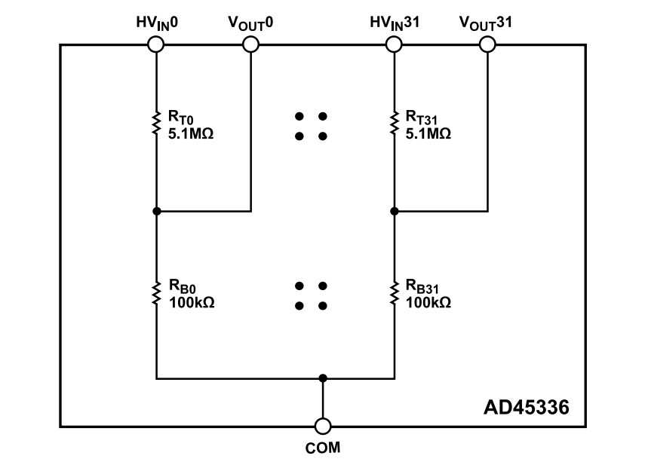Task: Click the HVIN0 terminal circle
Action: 156,45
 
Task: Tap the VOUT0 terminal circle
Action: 250,45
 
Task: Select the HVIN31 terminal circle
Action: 394,45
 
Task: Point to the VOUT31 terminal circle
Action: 487,45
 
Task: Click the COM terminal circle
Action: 323,427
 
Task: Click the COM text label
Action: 323,448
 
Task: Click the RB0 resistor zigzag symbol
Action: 156,293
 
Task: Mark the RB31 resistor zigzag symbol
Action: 394,293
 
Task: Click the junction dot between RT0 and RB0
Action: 156,212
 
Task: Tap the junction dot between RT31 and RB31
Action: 394,212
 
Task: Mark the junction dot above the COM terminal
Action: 323,378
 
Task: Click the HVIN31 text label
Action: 394,23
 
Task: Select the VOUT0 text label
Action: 250,23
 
